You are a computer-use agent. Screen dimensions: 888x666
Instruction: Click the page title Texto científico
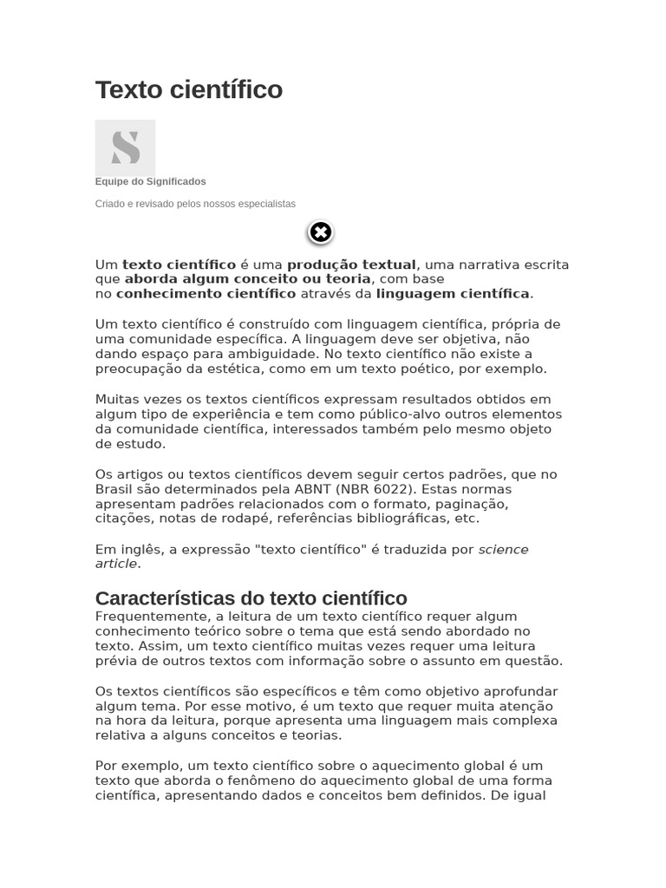pyautogui.click(x=188, y=90)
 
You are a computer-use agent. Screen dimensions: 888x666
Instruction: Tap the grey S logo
pyautogui.click(x=125, y=148)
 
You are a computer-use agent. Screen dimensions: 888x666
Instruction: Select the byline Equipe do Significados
pyautogui.click(x=150, y=181)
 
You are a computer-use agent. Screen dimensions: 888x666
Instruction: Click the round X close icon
pyautogui.click(x=320, y=232)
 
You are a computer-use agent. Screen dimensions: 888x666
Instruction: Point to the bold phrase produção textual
pyautogui.click(x=351, y=264)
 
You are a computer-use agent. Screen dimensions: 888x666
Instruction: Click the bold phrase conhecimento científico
pyautogui.click(x=206, y=294)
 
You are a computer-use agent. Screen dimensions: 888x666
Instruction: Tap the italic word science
pyautogui.click(x=503, y=549)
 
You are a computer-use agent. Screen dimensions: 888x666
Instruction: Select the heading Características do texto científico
pyautogui.click(x=251, y=598)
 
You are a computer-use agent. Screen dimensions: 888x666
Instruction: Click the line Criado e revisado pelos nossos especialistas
pyautogui.click(x=195, y=204)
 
